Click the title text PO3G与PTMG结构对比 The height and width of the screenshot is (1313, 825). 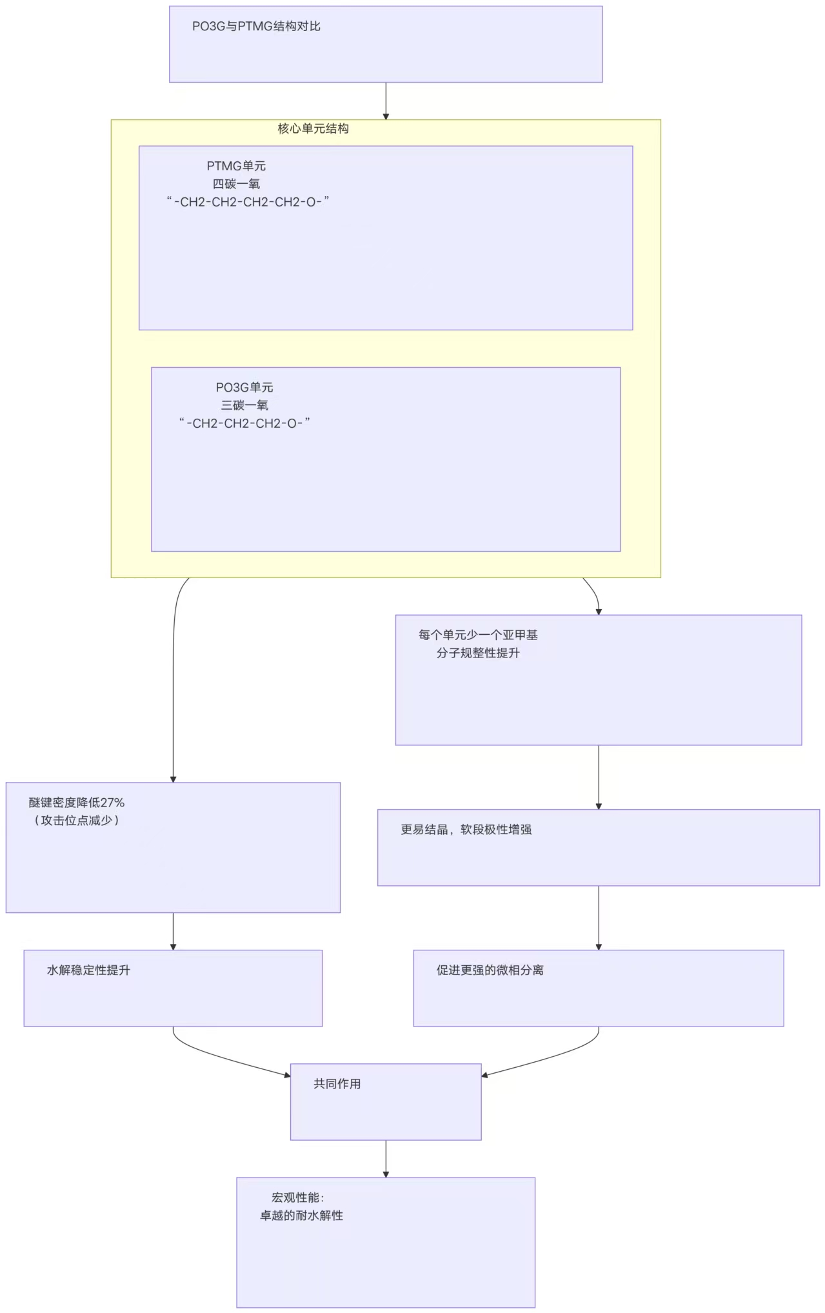tap(256, 26)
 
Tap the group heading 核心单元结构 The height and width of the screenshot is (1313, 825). tap(313, 129)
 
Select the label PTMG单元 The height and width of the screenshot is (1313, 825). tap(236, 166)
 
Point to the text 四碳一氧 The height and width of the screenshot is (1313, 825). tap(236, 185)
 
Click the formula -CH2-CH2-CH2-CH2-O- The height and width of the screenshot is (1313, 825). tap(248, 203)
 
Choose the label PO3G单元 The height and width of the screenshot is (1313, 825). tap(244, 388)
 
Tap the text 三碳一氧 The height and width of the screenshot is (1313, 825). tap(244, 406)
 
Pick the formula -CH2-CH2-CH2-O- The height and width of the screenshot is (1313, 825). tap(244, 424)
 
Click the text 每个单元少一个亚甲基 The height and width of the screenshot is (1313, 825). tap(478, 636)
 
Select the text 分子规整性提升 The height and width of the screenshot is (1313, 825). tap(478, 654)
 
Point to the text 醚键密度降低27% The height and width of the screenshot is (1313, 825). tap(77, 803)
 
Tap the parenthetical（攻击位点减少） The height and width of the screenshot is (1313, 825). tap(77, 821)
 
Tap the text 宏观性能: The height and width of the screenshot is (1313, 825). tap(298, 1198)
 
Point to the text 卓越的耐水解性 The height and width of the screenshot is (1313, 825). tap(301, 1216)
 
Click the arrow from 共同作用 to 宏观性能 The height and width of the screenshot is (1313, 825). tap(386, 1159)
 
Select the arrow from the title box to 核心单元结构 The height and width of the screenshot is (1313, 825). tap(386, 101)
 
